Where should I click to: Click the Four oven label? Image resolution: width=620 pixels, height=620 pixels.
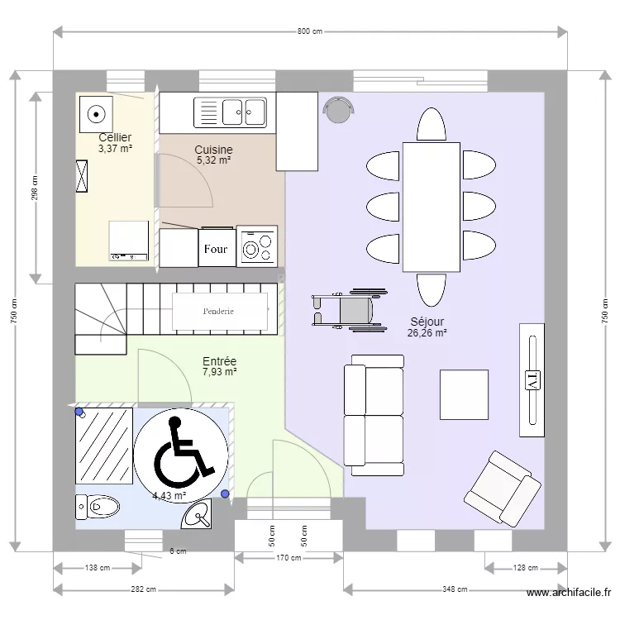(216, 249)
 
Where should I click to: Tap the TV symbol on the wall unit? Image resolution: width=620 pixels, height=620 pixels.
(532, 380)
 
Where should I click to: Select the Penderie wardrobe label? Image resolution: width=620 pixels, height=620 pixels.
(218, 311)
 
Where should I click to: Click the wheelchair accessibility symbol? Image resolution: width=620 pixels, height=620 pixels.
(181, 455)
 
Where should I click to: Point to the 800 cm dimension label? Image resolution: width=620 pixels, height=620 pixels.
(310, 31)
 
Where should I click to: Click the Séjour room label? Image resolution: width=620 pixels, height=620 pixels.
(427, 322)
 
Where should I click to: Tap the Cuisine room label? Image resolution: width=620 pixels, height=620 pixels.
(213, 150)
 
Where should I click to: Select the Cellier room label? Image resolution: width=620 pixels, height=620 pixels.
(115, 137)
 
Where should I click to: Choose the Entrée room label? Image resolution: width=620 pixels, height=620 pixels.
(219, 361)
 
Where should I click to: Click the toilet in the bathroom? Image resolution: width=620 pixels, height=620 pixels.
(98, 507)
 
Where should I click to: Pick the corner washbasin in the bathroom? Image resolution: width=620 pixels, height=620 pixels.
(198, 514)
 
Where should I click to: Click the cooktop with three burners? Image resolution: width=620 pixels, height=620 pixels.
(257, 246)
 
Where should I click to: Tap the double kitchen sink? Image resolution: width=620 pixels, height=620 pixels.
(230, 112)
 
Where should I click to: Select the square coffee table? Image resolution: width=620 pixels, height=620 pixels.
(464, 394)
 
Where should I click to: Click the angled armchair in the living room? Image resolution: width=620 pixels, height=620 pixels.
(503, 489)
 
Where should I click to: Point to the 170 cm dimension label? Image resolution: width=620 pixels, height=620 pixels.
(289, 557)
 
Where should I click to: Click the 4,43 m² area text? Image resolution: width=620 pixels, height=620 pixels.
(169, 495)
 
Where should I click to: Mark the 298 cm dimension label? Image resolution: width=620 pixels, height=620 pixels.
(35, 188)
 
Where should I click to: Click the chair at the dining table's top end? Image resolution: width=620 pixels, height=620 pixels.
(432, 124)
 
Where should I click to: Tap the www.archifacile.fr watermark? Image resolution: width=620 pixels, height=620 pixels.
(569, 593)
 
